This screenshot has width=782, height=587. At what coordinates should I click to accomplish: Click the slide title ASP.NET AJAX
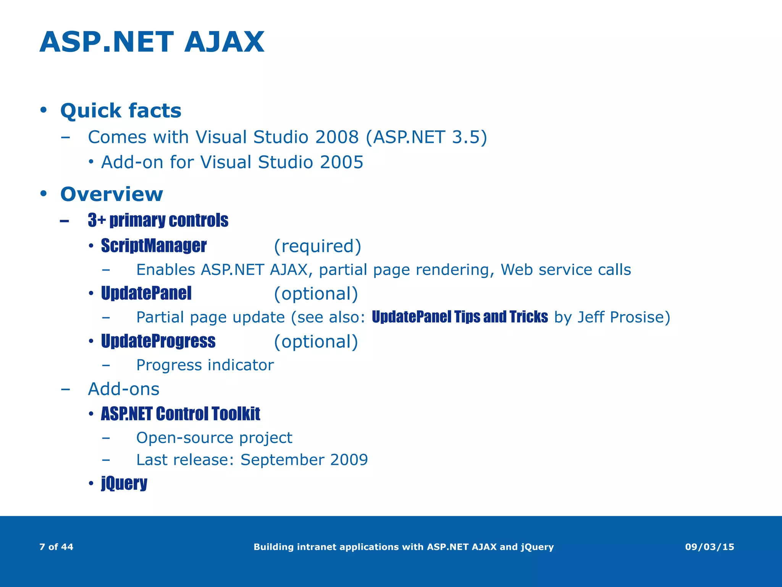coord(152,42)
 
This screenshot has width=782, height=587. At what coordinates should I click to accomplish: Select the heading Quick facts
coord(121,111)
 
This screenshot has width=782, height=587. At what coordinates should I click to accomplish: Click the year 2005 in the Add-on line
coord(341,162)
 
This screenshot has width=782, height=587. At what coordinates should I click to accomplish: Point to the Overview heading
coord(111,194)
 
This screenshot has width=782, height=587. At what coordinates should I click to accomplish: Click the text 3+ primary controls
coord(158,221)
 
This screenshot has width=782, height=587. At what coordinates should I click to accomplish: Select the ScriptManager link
coord(153,246)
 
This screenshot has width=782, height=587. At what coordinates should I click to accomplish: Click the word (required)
coord(317,246)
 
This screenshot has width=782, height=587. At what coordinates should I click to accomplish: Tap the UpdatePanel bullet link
coord(146,293)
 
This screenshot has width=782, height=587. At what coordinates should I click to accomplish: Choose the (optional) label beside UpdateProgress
coord(316,341)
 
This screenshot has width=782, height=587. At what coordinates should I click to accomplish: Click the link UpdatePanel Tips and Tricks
coord(460,317)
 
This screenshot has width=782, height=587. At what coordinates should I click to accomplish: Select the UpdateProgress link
coord(158,341)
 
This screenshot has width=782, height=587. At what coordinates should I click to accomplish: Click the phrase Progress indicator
coord(205,365)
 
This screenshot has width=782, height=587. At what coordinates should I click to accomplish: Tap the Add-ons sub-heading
coord(124,389)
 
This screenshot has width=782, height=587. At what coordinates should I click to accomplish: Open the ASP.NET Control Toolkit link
coord(180,414)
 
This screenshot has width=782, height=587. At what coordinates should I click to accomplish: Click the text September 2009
coord(304,459)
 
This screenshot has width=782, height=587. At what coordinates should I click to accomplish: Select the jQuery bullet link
coord(124,483)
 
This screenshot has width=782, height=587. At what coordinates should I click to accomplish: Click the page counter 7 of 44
coord(56,547)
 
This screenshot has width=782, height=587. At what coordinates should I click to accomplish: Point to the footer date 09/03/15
coord(709,547)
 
